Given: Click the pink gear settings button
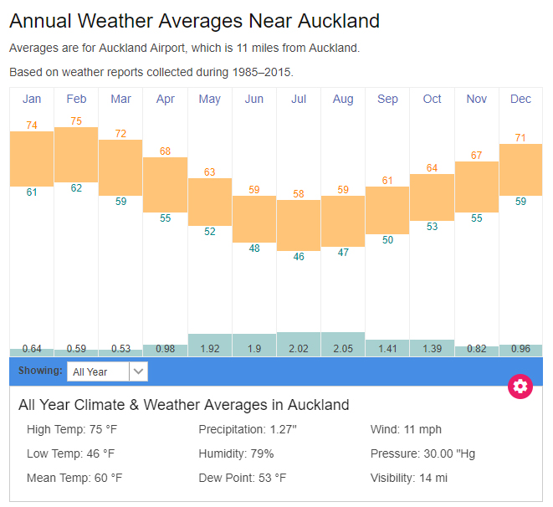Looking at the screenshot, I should (x=520, y=386).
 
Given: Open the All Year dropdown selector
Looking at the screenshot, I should (x=107, y=371).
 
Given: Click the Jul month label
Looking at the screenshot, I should (x=299, y=99).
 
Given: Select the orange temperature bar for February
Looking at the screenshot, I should (x=76, y=153).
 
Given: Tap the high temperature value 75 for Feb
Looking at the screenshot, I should (x=76, y=121).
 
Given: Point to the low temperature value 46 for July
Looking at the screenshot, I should (x=299, y=257).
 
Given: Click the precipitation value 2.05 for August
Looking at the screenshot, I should (x=343, y=348).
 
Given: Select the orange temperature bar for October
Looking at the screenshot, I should (x=432, y=197).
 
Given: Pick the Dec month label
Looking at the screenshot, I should (x=520, y=99).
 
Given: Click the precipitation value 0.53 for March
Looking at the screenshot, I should (x=120, y=348).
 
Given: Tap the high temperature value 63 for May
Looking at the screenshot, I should (x=209, y=172).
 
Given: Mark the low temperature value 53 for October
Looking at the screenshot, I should (x=432, y=227).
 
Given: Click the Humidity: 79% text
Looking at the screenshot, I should (x=236, y=453).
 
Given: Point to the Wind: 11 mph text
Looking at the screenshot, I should (x=406, y=429).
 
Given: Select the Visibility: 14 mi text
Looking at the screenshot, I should (x=409, y=478).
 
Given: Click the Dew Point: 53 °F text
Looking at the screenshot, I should (x=243, y=478).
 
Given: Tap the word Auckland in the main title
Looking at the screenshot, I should (x=338, y=21).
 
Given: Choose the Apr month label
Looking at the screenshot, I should (x=165, y=99).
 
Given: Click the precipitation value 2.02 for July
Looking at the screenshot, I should (x=299, y=348).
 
